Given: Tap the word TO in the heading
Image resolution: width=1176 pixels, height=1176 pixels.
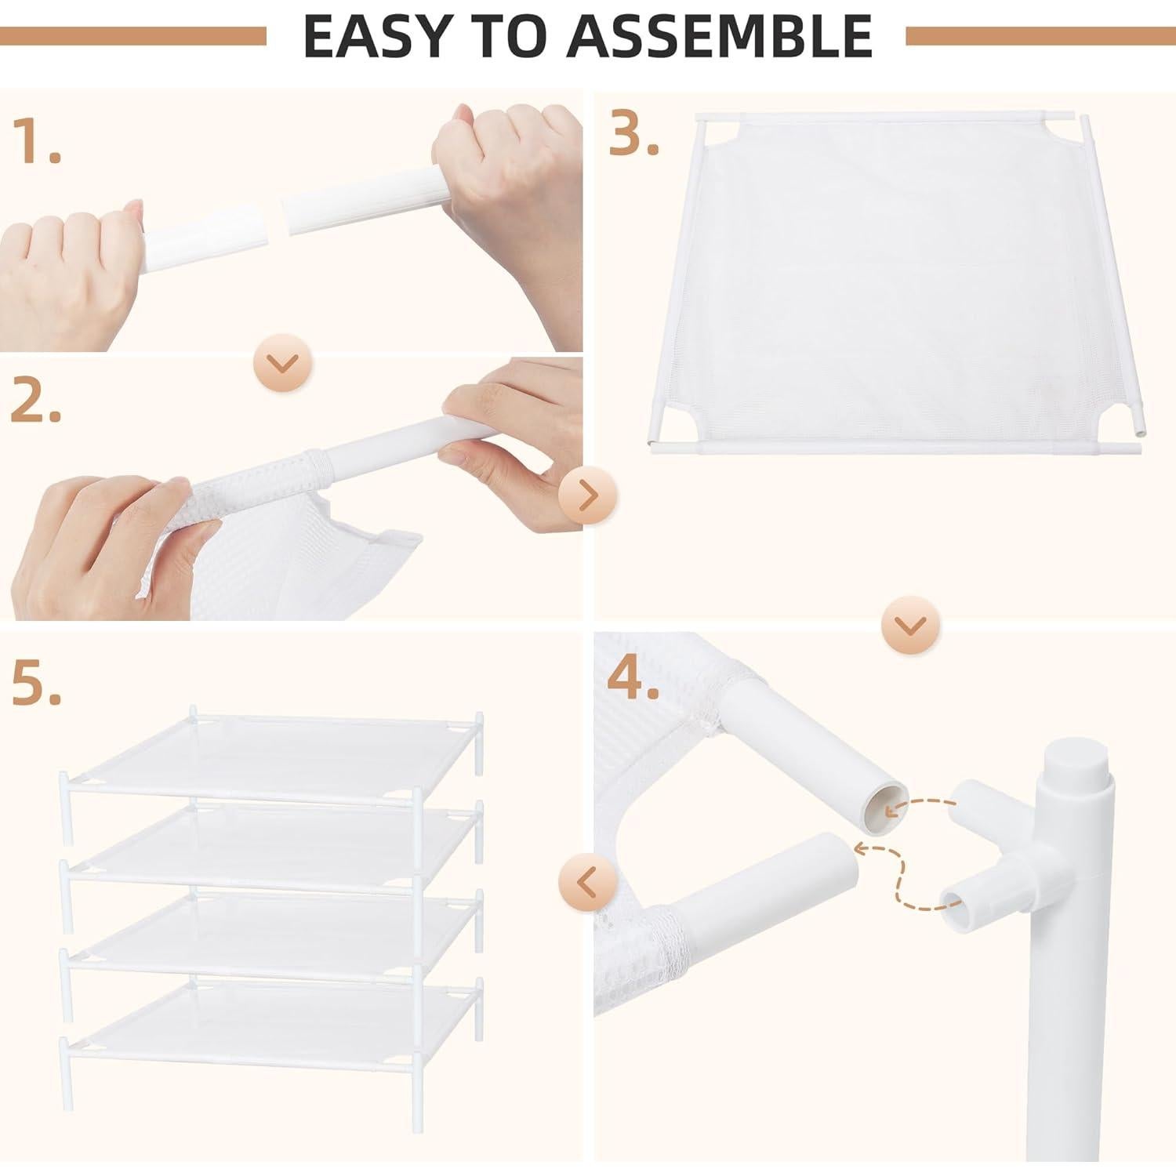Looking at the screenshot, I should click(x=503, y=36).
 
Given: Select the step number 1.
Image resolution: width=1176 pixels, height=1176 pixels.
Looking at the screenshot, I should click(x=34, y=142).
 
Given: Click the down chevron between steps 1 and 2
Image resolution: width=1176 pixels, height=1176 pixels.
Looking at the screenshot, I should click(x=283, y=363).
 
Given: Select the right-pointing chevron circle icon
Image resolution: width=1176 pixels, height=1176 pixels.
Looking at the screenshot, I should click(x=588, y=495).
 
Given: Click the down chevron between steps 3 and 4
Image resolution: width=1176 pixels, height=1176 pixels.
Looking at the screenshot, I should click(x=913, y=625).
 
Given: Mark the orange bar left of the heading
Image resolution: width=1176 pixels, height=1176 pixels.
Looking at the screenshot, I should click(x=133, y=36).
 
